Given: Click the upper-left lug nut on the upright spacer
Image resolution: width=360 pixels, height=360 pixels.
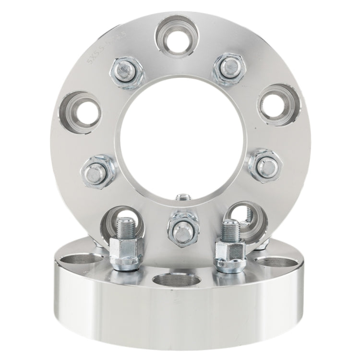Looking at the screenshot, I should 126,73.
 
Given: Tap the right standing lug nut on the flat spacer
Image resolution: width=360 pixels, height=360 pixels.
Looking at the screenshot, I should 229,252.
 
